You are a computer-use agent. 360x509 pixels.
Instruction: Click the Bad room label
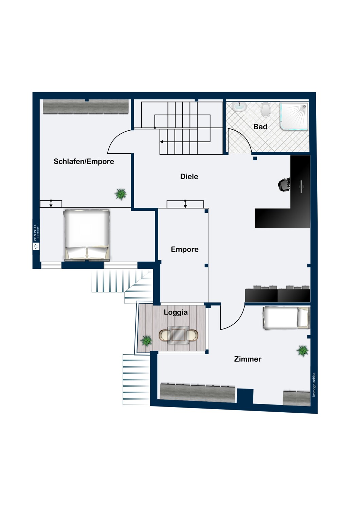click(x=260, y=127)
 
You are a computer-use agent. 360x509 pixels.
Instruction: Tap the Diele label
click(x=189, y=176)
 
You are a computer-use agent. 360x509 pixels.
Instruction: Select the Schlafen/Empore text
click(x=84, y=162)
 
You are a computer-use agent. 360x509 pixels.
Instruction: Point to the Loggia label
click(x=176, y=312)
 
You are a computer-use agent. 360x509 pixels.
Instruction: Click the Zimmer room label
click(x=248, y=359)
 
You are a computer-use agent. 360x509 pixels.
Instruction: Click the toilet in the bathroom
click(x=265, y=109)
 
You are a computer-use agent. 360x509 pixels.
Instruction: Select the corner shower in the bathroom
click(x=294, y=117)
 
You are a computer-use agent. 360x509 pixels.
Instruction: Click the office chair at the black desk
click(x=284, y=184)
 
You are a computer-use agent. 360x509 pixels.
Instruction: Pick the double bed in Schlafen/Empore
click(x=87, y=235)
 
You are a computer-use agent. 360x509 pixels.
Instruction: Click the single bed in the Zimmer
click(x=286, y=318)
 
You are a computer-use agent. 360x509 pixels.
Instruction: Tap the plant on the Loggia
click(x=146, y=341)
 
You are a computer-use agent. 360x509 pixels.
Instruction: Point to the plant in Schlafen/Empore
click(x=121, y=194)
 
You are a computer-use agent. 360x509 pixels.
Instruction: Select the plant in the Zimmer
click(x=302, y=351)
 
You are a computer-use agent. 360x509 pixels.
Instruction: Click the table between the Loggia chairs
click(x=179, y=335)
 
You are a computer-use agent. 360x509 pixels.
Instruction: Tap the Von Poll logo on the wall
click(x=36, y=237)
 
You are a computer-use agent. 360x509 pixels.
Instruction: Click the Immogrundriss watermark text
click(x=314, y=384)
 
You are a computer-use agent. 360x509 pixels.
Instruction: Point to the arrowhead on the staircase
click(x=162, y=142)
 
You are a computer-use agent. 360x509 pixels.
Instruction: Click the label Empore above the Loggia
click(x=184, y=249)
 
